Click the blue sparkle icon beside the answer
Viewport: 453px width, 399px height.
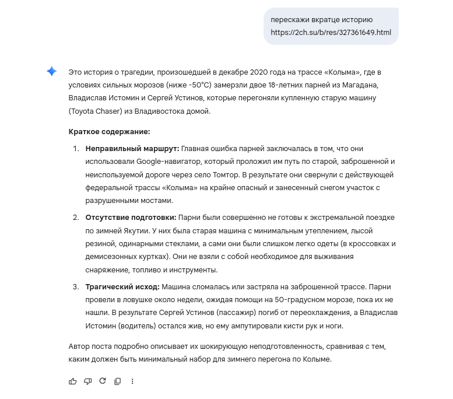pyautogui.click(x=52, y=72)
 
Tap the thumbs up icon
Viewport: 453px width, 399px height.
pyautogui.click(x=73, y=381)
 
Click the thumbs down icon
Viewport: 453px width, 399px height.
pyautogui.click(x=88, y=381)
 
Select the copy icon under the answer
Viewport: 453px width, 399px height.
pyautogui.click(x=118, y=381)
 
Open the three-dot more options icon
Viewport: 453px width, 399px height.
pyautogui.click(x=132, y=381)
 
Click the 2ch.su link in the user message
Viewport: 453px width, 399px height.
pyautogui.click(x=331, y=32)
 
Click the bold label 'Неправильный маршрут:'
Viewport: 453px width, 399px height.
pyautogui.click(x=132, y=149)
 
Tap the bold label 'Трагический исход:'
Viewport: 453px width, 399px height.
pyautogui.click(x=122, y=287)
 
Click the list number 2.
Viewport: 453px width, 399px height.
pyautogui.click(x=75, y=218)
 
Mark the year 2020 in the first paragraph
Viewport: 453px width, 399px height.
pyautogui.click(x=259, y=72)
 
